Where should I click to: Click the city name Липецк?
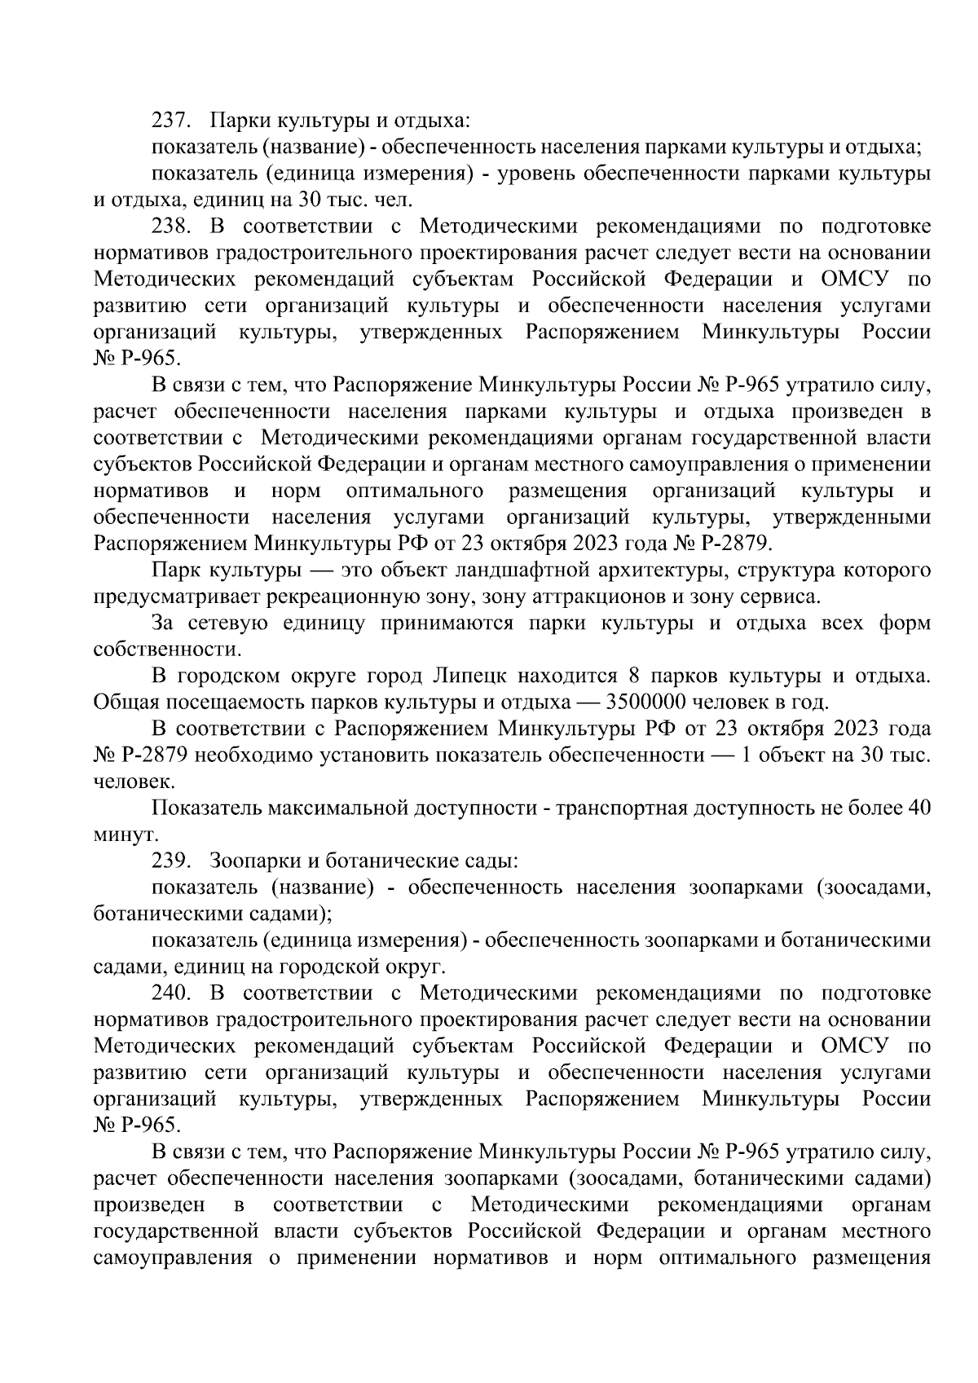point(472,676)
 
